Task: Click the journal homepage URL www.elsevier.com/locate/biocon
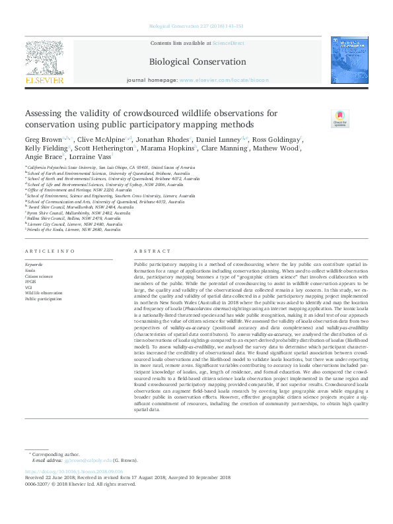[x=224, y=80]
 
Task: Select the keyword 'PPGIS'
[x=31, y=280]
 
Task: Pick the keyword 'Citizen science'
[x=40, y=276]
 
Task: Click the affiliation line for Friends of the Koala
[x=75, y=230]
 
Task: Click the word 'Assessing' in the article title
[x=46, y=112]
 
